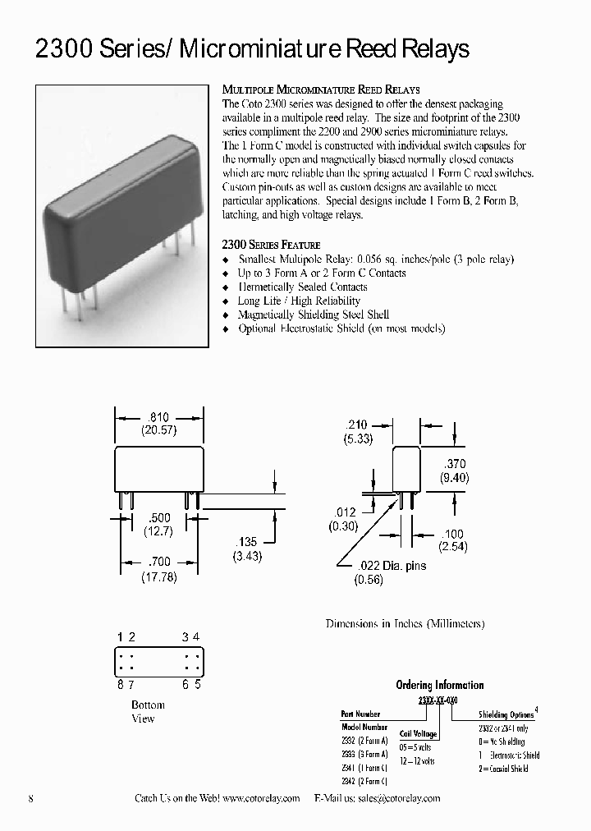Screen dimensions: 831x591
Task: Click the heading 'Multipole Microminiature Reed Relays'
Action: coord(321,90)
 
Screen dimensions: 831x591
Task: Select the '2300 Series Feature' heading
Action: coord(271,245)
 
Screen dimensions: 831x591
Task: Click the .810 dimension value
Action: coord(158,418)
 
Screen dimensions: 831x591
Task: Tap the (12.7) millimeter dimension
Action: coord(158,530)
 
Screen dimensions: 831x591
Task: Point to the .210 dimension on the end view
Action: coord(357,425)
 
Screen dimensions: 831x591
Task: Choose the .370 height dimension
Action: coord(455,464)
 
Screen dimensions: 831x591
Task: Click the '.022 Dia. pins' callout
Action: coord(392,565)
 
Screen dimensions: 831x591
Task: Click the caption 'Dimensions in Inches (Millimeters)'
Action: coord(405,624)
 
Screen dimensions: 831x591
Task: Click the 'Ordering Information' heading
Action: coord(439,685)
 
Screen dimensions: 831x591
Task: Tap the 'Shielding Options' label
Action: coord(506,715)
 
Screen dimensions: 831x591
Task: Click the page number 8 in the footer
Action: coord(30,799)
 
